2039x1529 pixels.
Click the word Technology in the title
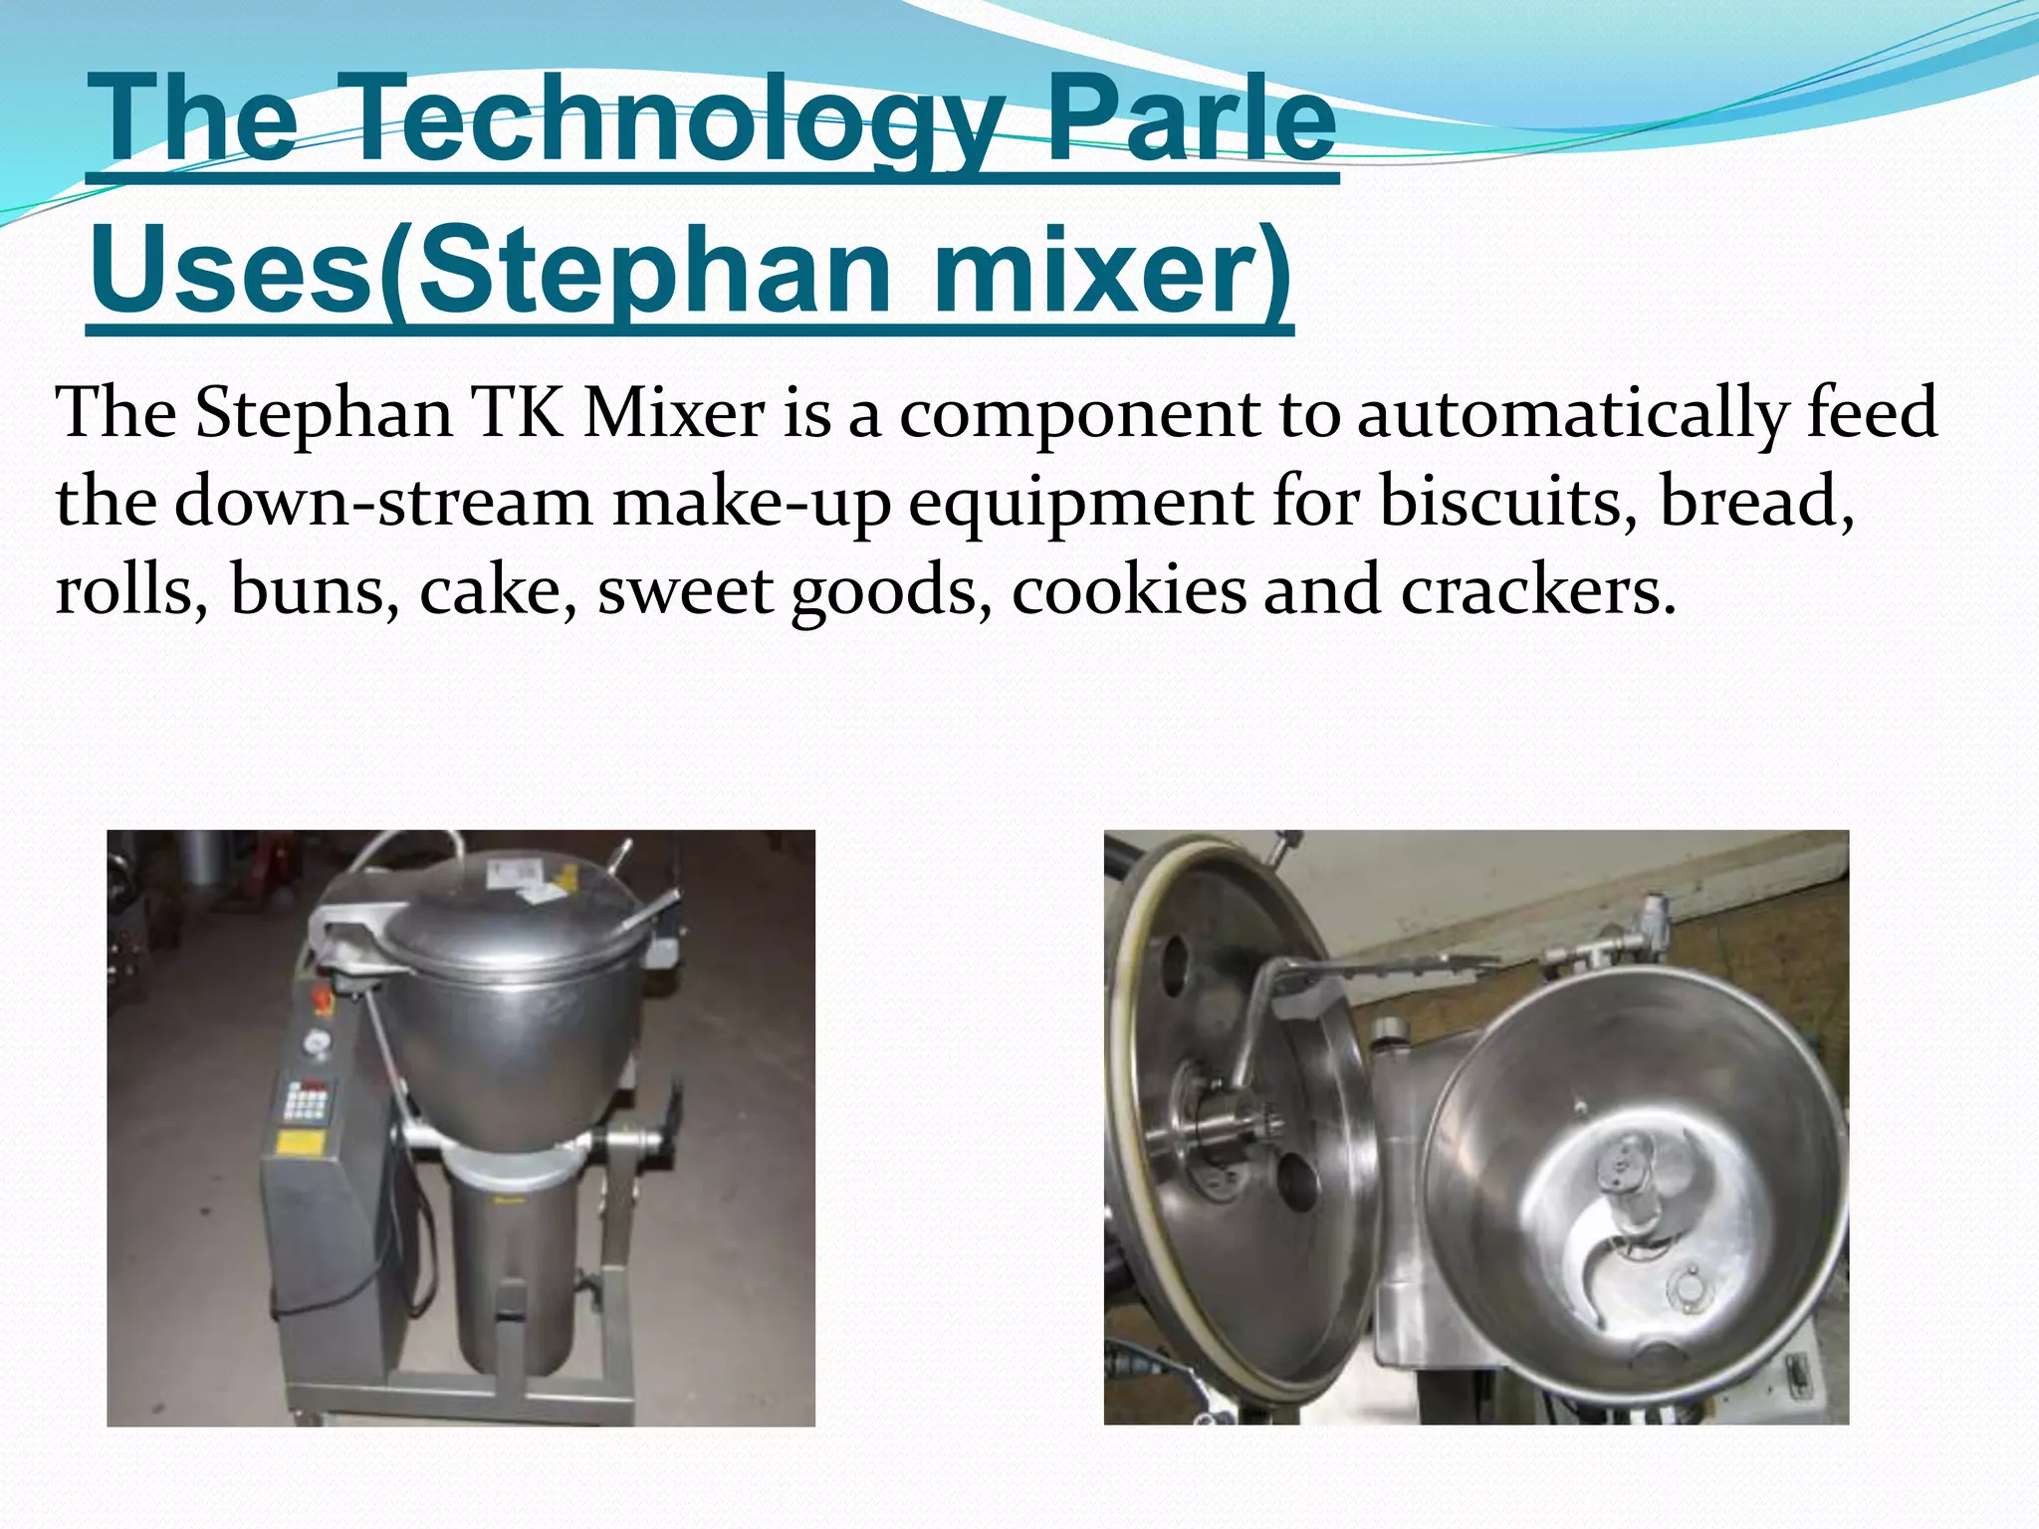click(677, 121)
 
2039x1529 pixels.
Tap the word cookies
click(1129, 589)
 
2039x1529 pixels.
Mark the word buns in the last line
click(309, 589)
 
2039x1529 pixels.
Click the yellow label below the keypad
click(297, 1142)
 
